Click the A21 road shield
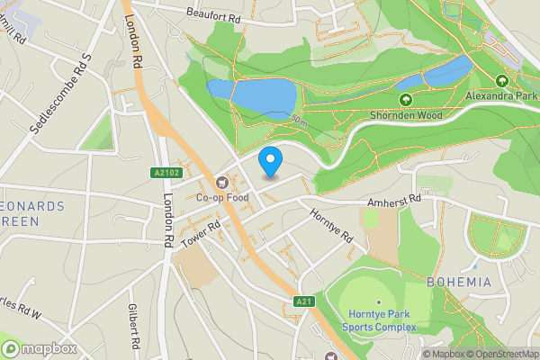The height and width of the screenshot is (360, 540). tap(303, 301)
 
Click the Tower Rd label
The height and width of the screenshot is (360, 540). tap(200, 234)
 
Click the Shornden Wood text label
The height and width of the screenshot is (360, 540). tap(405, 114)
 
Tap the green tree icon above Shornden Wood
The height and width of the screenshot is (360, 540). tap(405, 100)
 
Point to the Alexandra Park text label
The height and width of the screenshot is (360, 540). tap(502, 94)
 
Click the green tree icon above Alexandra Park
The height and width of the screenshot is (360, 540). tap(502, 79)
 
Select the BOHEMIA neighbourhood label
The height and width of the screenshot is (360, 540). tap(459, 283)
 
